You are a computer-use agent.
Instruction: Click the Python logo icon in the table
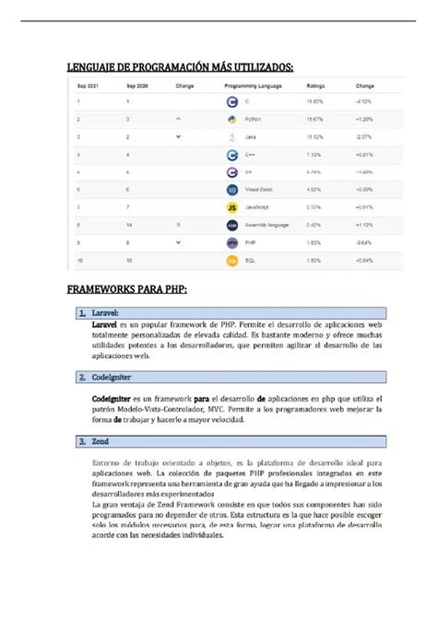pyautogui.click(x=232, y=119)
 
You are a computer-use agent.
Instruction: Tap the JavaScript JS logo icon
pyautogui.click(x=232, y=207)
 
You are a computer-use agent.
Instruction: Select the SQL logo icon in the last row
pyautogui.click(x=232, y=261)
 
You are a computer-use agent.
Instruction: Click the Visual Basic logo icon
pyautogui.click(x=232, y=190)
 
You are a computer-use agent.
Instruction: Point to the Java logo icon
pyautogui.click(x=232, y=136)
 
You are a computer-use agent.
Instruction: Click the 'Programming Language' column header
pyautogui.click(x=255, y=84)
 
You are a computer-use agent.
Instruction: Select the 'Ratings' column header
pyautogui.click(x=315, y=84)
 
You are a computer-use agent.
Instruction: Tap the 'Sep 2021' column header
pyautogui.click(x=88, y=84)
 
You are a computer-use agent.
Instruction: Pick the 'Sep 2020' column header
pyautogui.click(x=136, y=84)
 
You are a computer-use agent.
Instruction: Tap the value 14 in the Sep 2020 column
pyautogui.click(x=130, y=225)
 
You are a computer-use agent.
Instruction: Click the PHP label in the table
pyautogui.click(x=250, y=242)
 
